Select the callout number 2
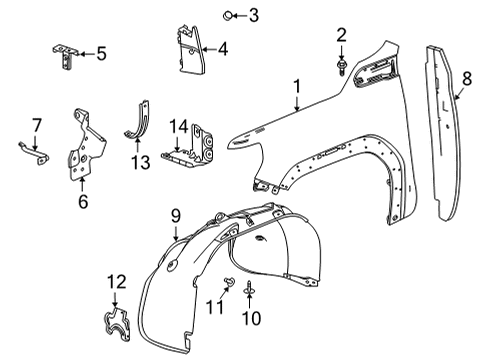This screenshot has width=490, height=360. pos(342,37)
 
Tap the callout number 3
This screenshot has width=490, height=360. pos(253,14)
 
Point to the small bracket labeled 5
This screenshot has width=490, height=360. pos(67,55)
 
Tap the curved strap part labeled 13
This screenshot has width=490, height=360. pos(142,125)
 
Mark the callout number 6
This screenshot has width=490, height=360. pos(83,203)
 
